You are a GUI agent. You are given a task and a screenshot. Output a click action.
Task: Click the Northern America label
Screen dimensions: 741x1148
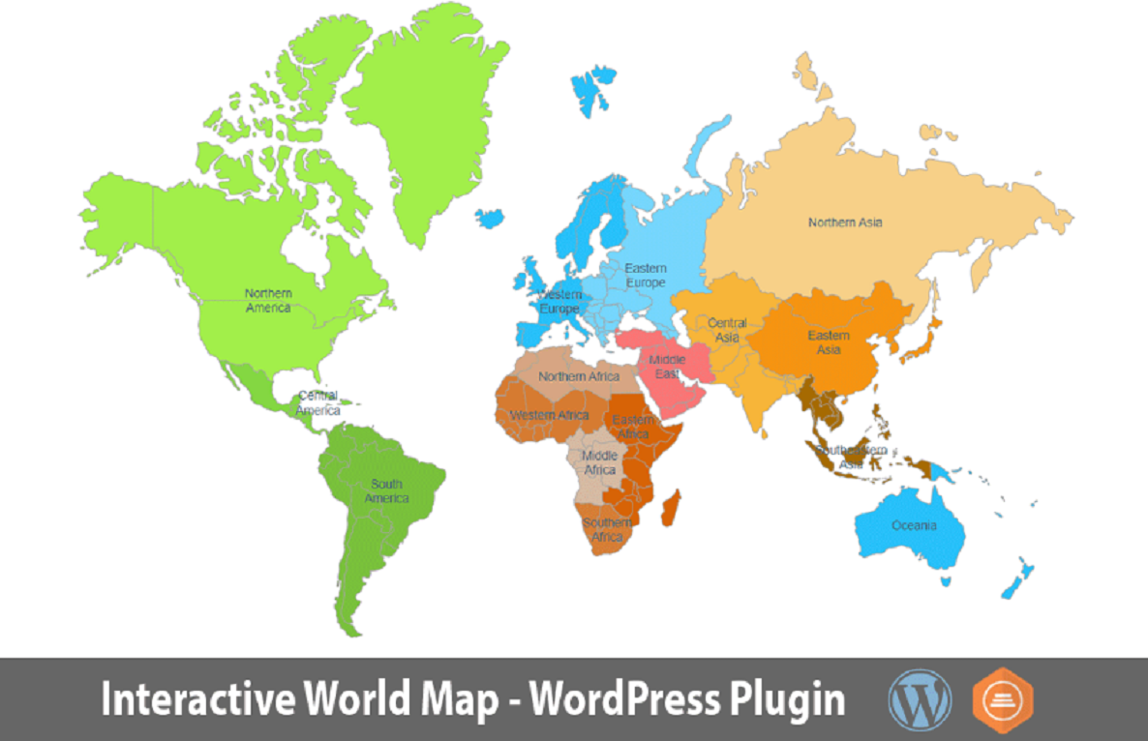268,300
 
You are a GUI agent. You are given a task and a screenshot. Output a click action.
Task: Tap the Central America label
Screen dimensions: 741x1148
318,402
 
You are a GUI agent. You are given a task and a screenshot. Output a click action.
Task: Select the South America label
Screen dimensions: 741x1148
386,491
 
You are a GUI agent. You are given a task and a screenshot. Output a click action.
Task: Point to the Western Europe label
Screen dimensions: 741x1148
559,302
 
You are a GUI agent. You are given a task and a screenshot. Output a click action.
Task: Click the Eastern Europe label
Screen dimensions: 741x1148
645,276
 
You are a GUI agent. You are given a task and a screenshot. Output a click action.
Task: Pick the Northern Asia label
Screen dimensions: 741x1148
845,222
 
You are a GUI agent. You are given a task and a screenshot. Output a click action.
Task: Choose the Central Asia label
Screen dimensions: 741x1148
727,330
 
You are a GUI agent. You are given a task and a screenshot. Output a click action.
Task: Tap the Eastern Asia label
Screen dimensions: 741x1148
829,342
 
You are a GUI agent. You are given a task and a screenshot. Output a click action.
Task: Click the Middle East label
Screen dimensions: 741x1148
667,367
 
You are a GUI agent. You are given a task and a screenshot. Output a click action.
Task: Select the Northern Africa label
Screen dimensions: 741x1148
579,376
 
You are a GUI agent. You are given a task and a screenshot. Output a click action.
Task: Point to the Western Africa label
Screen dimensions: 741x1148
548,415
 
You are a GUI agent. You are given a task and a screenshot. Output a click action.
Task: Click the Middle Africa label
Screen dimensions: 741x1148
600,462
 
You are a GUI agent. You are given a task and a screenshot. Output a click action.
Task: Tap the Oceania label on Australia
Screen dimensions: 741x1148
914,525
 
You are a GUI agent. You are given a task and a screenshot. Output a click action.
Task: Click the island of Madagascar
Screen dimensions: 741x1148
669,508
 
